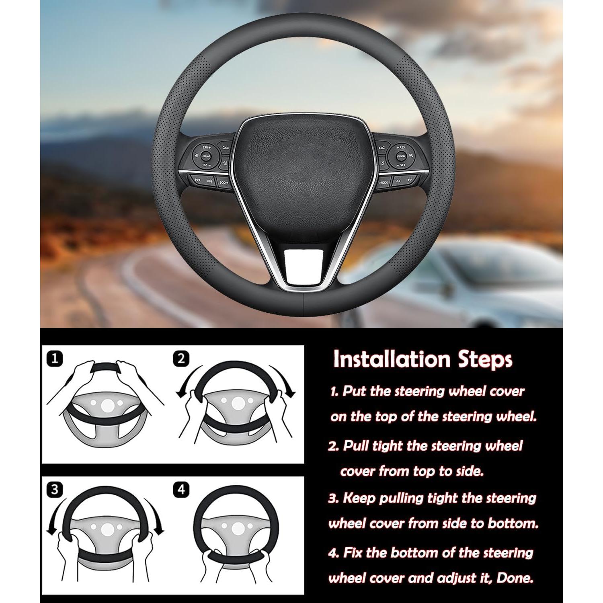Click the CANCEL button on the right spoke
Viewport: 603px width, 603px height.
401,156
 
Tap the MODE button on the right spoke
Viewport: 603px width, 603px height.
384,182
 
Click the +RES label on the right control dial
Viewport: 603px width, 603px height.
401,148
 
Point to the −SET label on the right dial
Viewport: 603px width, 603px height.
401,165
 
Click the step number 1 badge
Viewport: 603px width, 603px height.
55,358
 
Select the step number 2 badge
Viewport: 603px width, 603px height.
181,358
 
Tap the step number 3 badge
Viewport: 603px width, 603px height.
55,490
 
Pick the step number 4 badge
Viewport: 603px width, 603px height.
181,490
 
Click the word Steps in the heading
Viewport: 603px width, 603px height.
485,359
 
